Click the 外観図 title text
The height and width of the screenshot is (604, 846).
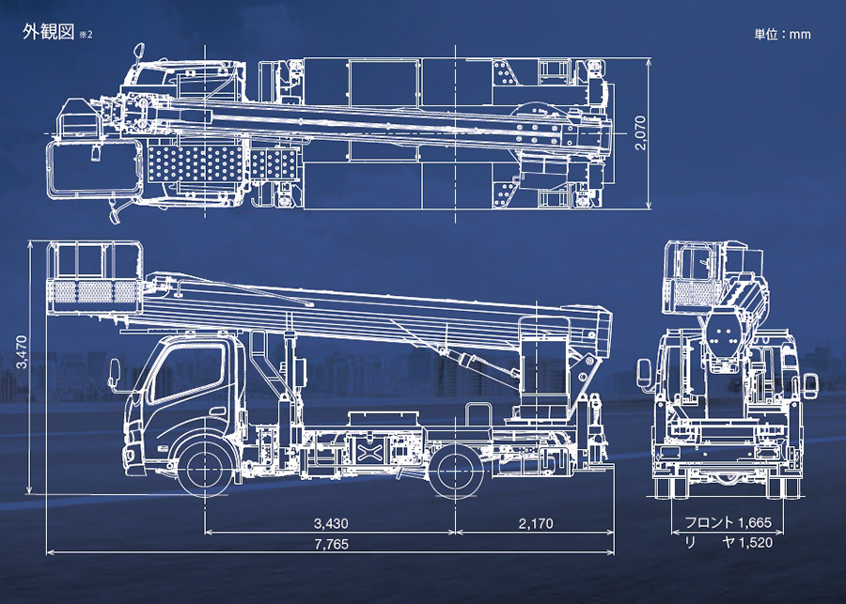49,32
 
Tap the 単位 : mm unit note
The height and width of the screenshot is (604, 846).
782,34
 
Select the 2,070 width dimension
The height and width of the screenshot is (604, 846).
640,132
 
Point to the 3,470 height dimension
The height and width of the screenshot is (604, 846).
22,351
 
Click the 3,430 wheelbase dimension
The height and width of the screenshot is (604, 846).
331,523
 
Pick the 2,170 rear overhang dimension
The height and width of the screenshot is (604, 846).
536,523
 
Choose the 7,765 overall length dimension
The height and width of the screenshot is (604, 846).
331,544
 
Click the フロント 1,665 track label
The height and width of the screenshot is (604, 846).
728,522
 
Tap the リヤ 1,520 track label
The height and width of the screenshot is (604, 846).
728,542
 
